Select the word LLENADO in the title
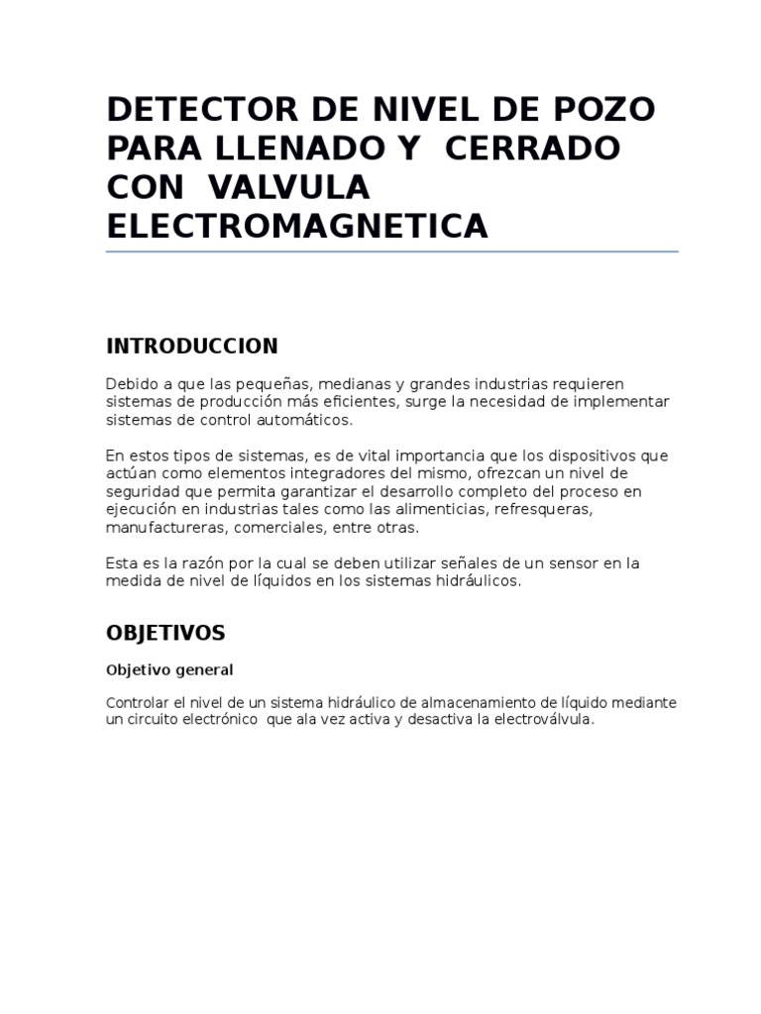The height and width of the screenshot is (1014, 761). (x=298, y=148)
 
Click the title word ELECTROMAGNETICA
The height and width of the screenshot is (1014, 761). (x=297, y=226)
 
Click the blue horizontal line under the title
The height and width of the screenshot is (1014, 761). (x=392, y=252)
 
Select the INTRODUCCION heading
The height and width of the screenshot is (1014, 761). (x=192, y=346)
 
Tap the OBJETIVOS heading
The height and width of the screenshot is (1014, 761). (x=165, y=632)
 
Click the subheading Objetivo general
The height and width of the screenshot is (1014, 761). (x=169, y=669)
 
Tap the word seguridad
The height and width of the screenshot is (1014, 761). (x=140, y=491)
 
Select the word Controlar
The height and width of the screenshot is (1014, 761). (x=136, y=702)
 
